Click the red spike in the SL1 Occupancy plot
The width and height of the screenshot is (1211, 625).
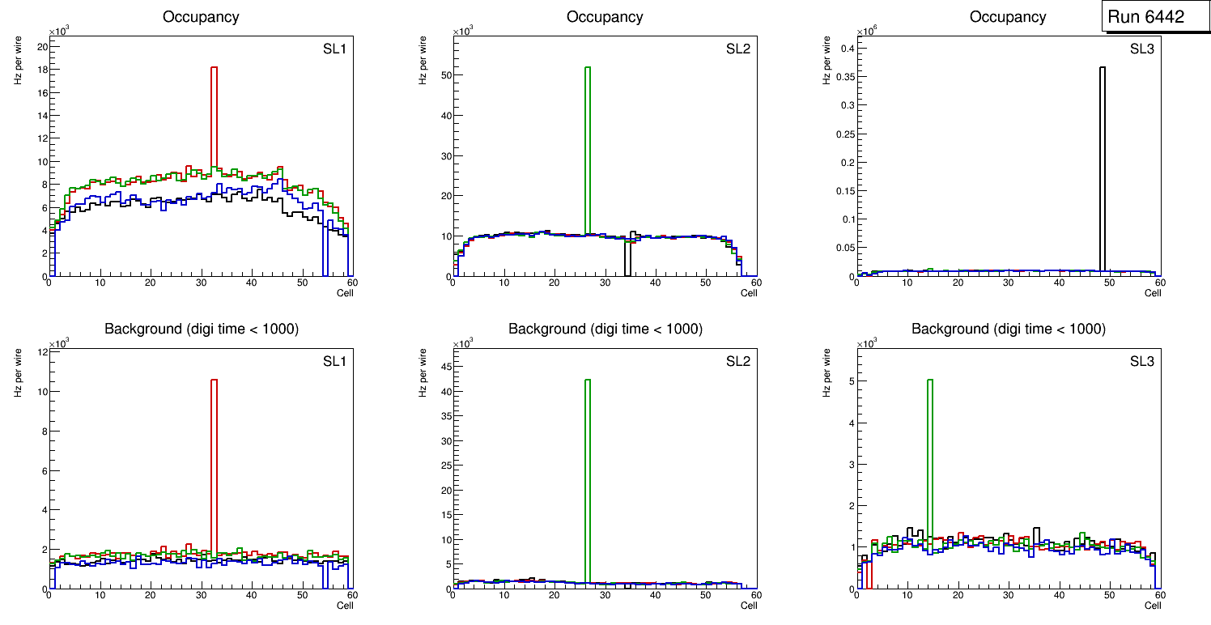pyautogui.click(x=214, y=113)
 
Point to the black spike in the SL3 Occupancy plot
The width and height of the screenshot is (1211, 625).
pyautogui.click(x=1102, y=162)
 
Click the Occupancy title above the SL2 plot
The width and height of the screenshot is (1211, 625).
pyautogui.click(x=605, y=16)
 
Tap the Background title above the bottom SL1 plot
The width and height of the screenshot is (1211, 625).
pyautogui.click(x=202, y=329)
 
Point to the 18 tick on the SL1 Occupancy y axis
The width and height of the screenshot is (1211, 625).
pyautogui.click(x=41, y=70)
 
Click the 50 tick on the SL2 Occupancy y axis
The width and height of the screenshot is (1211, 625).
pyautogui.click(x=444, y=75)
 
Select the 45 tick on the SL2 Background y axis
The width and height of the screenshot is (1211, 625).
pyautogui.click(x=444, y=367)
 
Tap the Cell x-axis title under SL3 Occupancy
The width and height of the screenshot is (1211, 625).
pyautogui.click(x=1153, y=293)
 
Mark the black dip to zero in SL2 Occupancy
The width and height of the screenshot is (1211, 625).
pyautogui.click(x=627, y=263)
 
